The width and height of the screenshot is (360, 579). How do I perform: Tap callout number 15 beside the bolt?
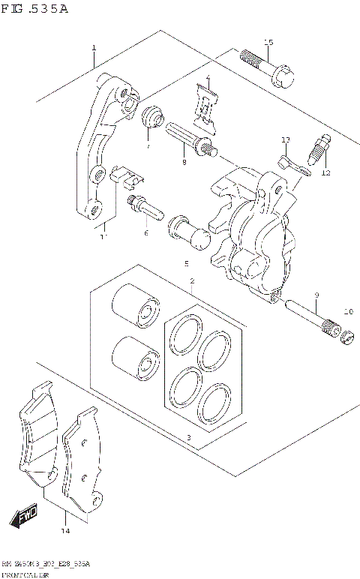click(x=268, y=42)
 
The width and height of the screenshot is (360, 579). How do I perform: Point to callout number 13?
click(x=285, y=140)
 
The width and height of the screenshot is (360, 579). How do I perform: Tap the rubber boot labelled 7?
click(x=152, y=118)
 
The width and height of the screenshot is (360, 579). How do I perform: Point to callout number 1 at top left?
click(x=94, y=48)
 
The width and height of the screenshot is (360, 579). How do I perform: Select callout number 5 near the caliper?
click(x=186, y=264)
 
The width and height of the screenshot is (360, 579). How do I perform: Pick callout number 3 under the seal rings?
click(x=189, y=437)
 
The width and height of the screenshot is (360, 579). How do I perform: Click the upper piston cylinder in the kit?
click(x=136, y=307)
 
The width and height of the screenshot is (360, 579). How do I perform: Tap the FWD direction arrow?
click(x=24, y=517)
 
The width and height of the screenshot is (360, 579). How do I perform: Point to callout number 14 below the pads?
click(x=65, y=532)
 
